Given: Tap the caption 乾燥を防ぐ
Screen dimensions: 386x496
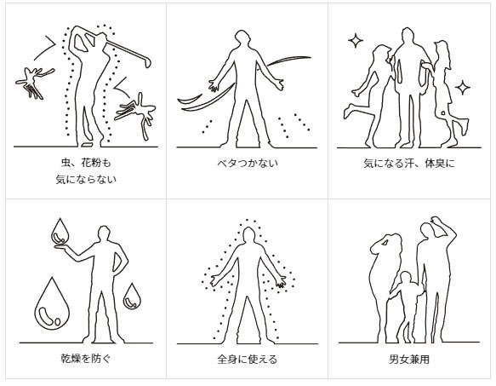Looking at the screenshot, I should point(83,359).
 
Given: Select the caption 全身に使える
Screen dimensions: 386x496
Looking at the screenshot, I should point(248,359).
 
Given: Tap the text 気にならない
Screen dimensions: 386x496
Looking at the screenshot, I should point(83,180).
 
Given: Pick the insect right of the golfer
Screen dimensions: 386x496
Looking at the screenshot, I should point(136,107).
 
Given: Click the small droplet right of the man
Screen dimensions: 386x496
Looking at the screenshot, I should point(132,296).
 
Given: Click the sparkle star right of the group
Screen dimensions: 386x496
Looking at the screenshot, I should point(462,86).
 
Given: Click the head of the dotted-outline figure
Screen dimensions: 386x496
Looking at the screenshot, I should point(248,231).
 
